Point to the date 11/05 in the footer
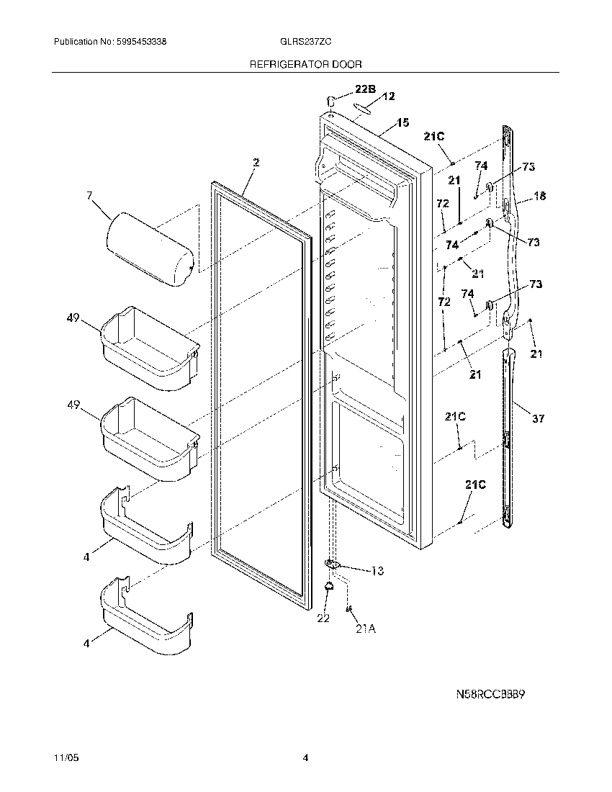[x=64, y=758]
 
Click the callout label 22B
[x=364, y=90]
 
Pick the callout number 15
[x=402, y=123]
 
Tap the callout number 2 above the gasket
[x=256, y=163]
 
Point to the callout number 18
[x=539, y=197]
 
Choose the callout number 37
[x=539, y=418]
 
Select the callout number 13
[x=377, y=571]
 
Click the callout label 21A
[x=365, y=629]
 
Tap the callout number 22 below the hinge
[x=323, y=618]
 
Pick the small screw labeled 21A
[x=349, y=610]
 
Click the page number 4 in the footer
[x=305, y=758]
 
